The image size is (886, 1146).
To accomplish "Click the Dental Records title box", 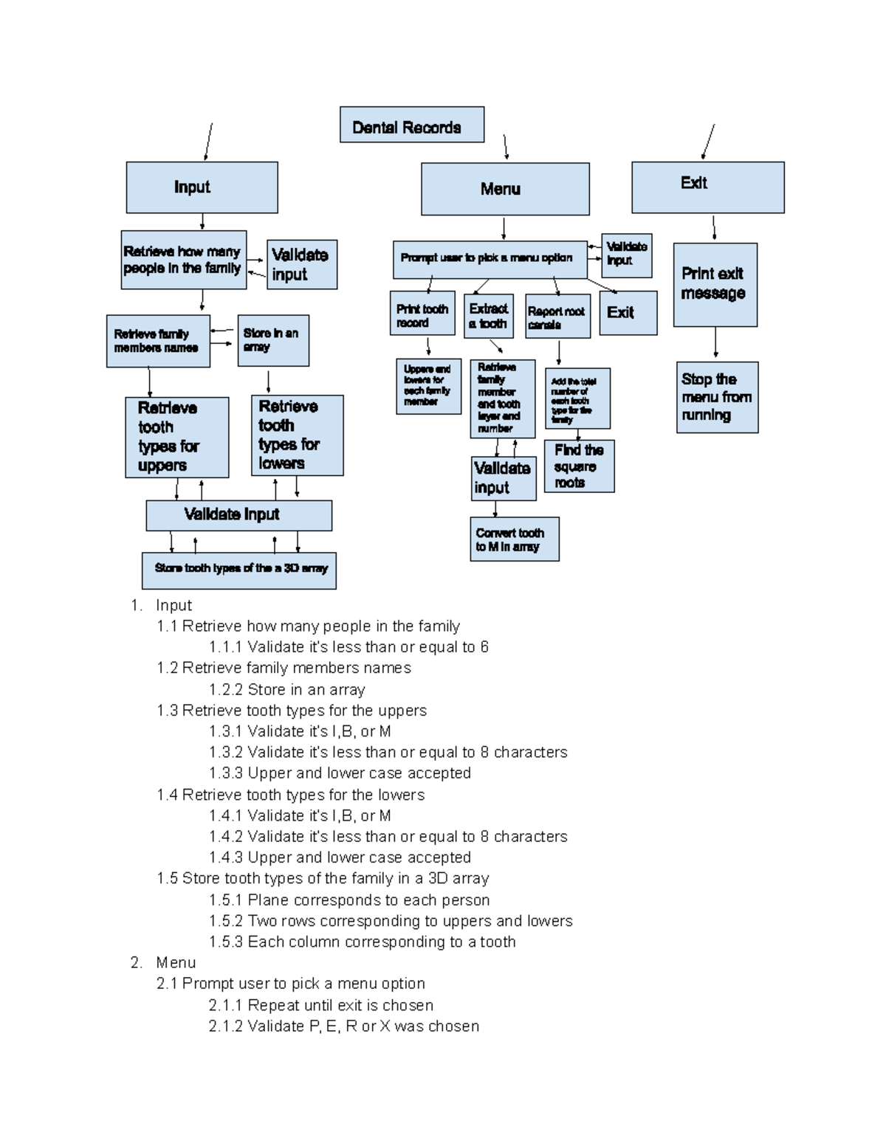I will [411, 125].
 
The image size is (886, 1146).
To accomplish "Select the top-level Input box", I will [202, 187].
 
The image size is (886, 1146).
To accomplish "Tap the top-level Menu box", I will [505, 189].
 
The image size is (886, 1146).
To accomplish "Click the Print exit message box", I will [715, 285].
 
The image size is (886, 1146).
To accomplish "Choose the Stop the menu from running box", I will [717, 397].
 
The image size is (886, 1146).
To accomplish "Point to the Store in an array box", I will [273, 340].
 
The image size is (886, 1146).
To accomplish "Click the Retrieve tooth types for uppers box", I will [176, 437].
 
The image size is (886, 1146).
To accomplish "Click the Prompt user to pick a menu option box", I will [489, 259].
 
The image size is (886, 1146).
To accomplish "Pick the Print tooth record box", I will [422, 314].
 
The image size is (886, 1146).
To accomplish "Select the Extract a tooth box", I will [488, 317].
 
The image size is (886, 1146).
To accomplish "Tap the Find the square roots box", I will [579, 466].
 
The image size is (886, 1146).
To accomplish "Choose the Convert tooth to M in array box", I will [514, 539].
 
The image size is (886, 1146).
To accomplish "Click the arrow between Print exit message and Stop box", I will [715, 343].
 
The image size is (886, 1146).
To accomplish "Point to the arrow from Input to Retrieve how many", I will [202, 221].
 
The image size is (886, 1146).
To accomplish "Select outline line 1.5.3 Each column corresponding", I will [362, 942].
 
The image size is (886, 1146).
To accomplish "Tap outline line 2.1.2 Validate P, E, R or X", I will [343, 1026].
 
